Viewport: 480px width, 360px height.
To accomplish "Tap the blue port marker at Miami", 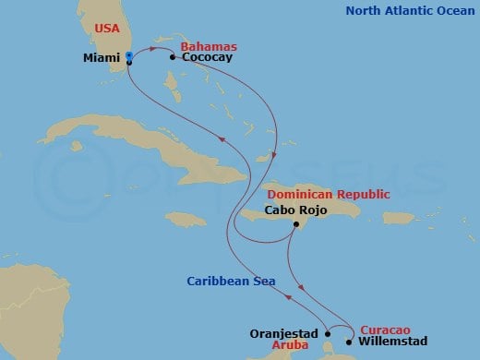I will pos(128,57).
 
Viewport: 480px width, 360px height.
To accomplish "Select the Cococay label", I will pos(207,57).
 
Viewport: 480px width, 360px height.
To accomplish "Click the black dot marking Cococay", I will pos(173,57).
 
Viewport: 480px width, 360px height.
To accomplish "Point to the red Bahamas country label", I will pos(209,46).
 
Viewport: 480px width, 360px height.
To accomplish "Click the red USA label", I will pos(107,29).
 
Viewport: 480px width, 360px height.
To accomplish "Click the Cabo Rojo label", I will pos(295,210).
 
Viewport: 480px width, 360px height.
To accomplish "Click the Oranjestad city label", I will pos(284,334).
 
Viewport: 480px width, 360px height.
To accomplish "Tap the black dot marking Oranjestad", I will pos(327,334).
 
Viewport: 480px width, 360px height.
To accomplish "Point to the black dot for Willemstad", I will pos(348,342).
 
